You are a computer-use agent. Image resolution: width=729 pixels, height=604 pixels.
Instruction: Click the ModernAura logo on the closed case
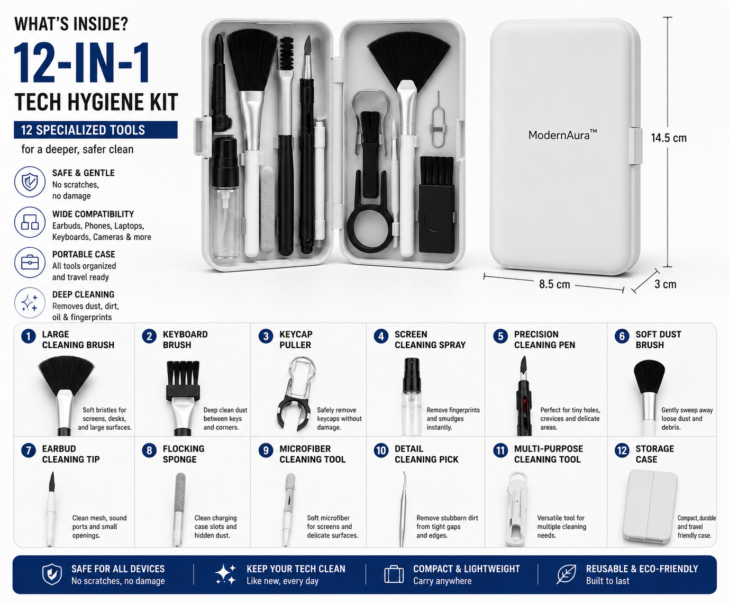coord(562,134)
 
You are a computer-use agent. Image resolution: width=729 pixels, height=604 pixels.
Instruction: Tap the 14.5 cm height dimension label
coord(669,138)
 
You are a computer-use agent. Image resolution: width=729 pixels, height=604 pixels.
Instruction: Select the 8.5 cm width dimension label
coord(554,284)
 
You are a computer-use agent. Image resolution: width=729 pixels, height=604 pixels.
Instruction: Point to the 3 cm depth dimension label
coord(665,284)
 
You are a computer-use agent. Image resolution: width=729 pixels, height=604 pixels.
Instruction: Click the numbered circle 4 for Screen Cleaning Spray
coord(381,337)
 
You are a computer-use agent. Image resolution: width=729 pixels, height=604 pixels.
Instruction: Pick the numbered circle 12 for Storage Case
coord(622,450)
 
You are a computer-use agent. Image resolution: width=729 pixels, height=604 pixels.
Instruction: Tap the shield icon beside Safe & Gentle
coord(30,182)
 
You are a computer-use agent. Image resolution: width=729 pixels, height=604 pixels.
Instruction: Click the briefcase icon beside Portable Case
coord(30,263)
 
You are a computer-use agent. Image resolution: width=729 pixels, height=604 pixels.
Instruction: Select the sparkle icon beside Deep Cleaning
coord(30,302)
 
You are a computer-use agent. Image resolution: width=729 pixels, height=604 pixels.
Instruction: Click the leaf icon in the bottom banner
coord(566,574)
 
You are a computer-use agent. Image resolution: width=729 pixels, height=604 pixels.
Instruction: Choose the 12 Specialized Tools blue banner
coord(96,130)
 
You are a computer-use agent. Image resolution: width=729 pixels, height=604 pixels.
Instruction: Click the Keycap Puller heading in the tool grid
coord(296,339)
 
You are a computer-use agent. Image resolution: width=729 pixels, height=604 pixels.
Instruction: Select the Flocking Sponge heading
coord(183,454)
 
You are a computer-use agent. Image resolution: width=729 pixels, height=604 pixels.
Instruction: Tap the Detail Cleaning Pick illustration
coord(403,509)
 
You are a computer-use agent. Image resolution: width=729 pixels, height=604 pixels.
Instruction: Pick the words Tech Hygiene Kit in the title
coord(96,102)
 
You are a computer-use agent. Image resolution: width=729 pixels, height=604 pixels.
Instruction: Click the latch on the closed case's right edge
coord(635,146)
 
